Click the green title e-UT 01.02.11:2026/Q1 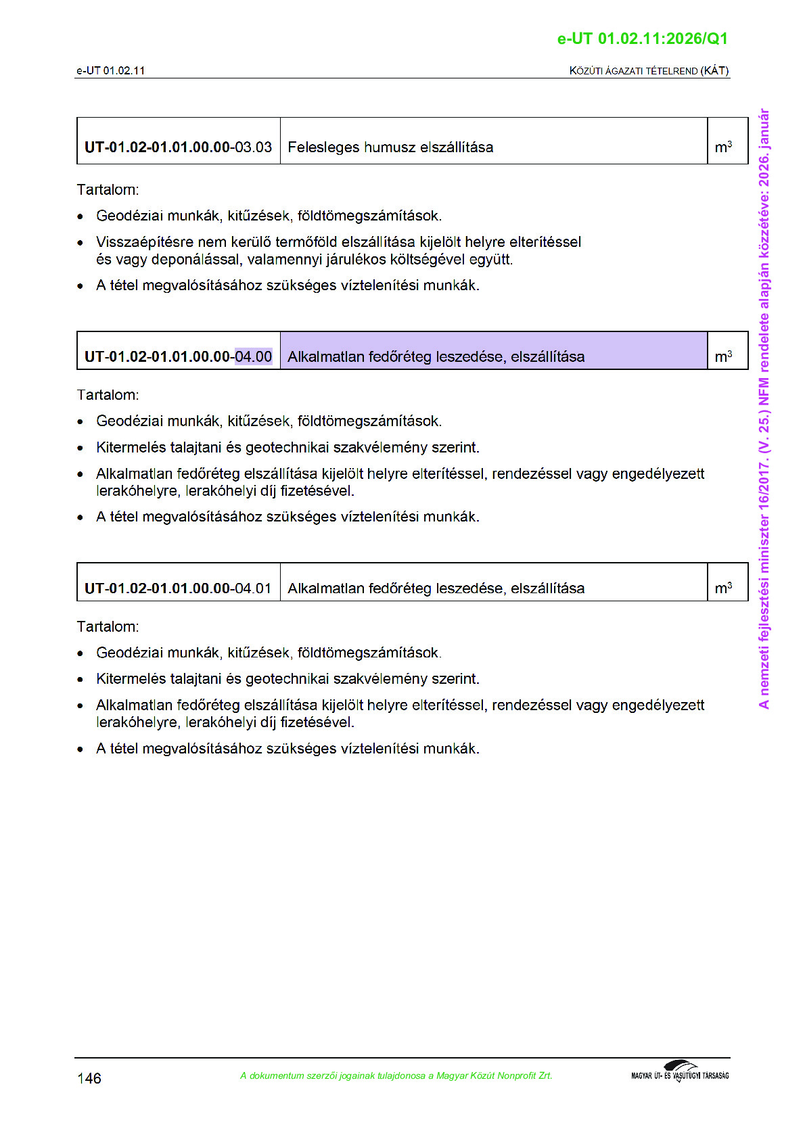point(642,39)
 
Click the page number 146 point(89,1078)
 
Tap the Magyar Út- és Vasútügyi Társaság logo point(680,1072)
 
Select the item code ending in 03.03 point(178,147)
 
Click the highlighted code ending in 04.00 point(253,356)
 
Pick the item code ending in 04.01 point(178,588)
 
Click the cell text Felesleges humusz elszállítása point(390,147)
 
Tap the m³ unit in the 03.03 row point(723,147)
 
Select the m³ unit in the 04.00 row point(723,356)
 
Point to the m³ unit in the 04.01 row point(723,588)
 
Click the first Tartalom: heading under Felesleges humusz point(108,190)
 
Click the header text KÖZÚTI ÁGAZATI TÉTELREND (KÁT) point(649,70)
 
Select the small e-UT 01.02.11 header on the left point(110,70)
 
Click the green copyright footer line point(396,1075)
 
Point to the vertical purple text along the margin point(764,409)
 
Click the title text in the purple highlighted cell point(436,356)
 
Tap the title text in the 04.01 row point(436,588)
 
